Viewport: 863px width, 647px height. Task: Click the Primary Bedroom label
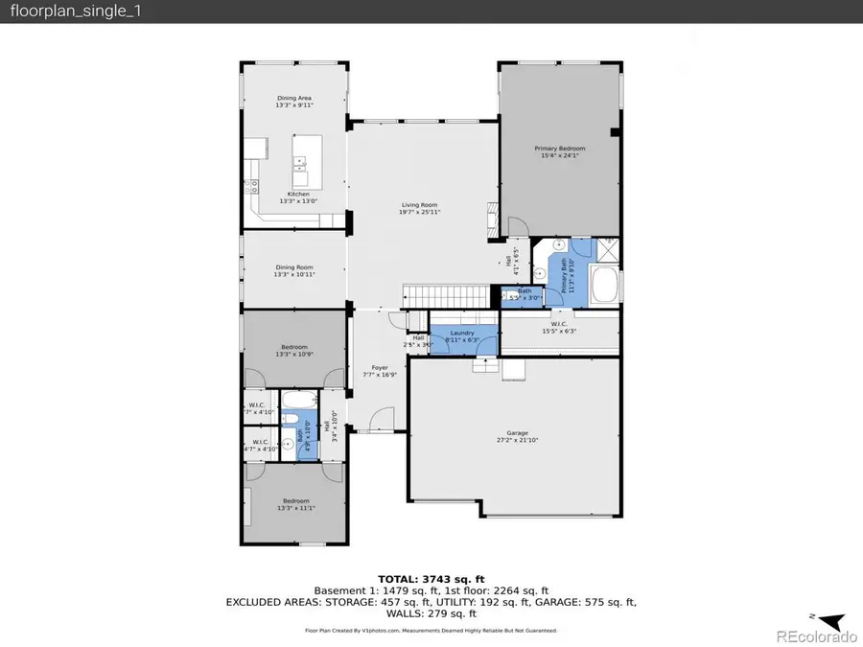point(559,152)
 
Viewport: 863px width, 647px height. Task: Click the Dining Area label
point(294,102)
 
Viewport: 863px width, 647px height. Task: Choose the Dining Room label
point(294,270)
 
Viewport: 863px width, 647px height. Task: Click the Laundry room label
point(462,335)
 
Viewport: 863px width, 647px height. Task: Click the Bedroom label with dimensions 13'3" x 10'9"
point(294,350)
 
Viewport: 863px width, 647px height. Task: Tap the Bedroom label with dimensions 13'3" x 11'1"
point(294,505)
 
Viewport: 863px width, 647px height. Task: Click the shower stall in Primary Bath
point(608,251)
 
